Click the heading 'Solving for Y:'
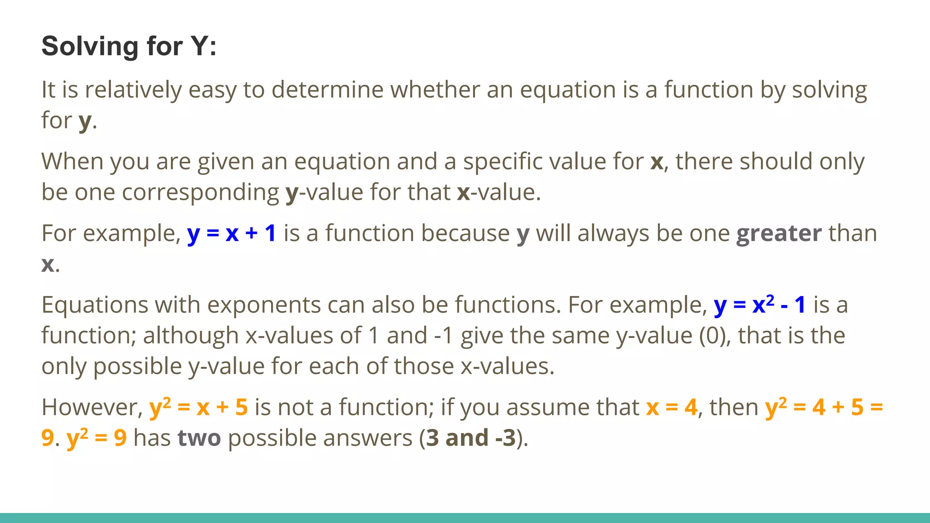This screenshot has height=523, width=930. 129,46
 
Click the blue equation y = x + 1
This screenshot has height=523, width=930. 232,233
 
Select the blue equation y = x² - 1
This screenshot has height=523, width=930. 759,305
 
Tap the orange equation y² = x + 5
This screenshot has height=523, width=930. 198,407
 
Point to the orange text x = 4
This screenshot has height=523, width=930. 672,407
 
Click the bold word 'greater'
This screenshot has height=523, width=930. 779,233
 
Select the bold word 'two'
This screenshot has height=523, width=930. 199,438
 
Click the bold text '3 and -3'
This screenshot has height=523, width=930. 471,438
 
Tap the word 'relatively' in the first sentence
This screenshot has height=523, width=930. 133,89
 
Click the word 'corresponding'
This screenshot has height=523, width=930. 200,192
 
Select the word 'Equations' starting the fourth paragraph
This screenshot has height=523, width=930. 94,305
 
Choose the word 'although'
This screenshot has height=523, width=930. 191,336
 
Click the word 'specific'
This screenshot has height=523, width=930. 505,162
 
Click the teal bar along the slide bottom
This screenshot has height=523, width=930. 465,518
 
